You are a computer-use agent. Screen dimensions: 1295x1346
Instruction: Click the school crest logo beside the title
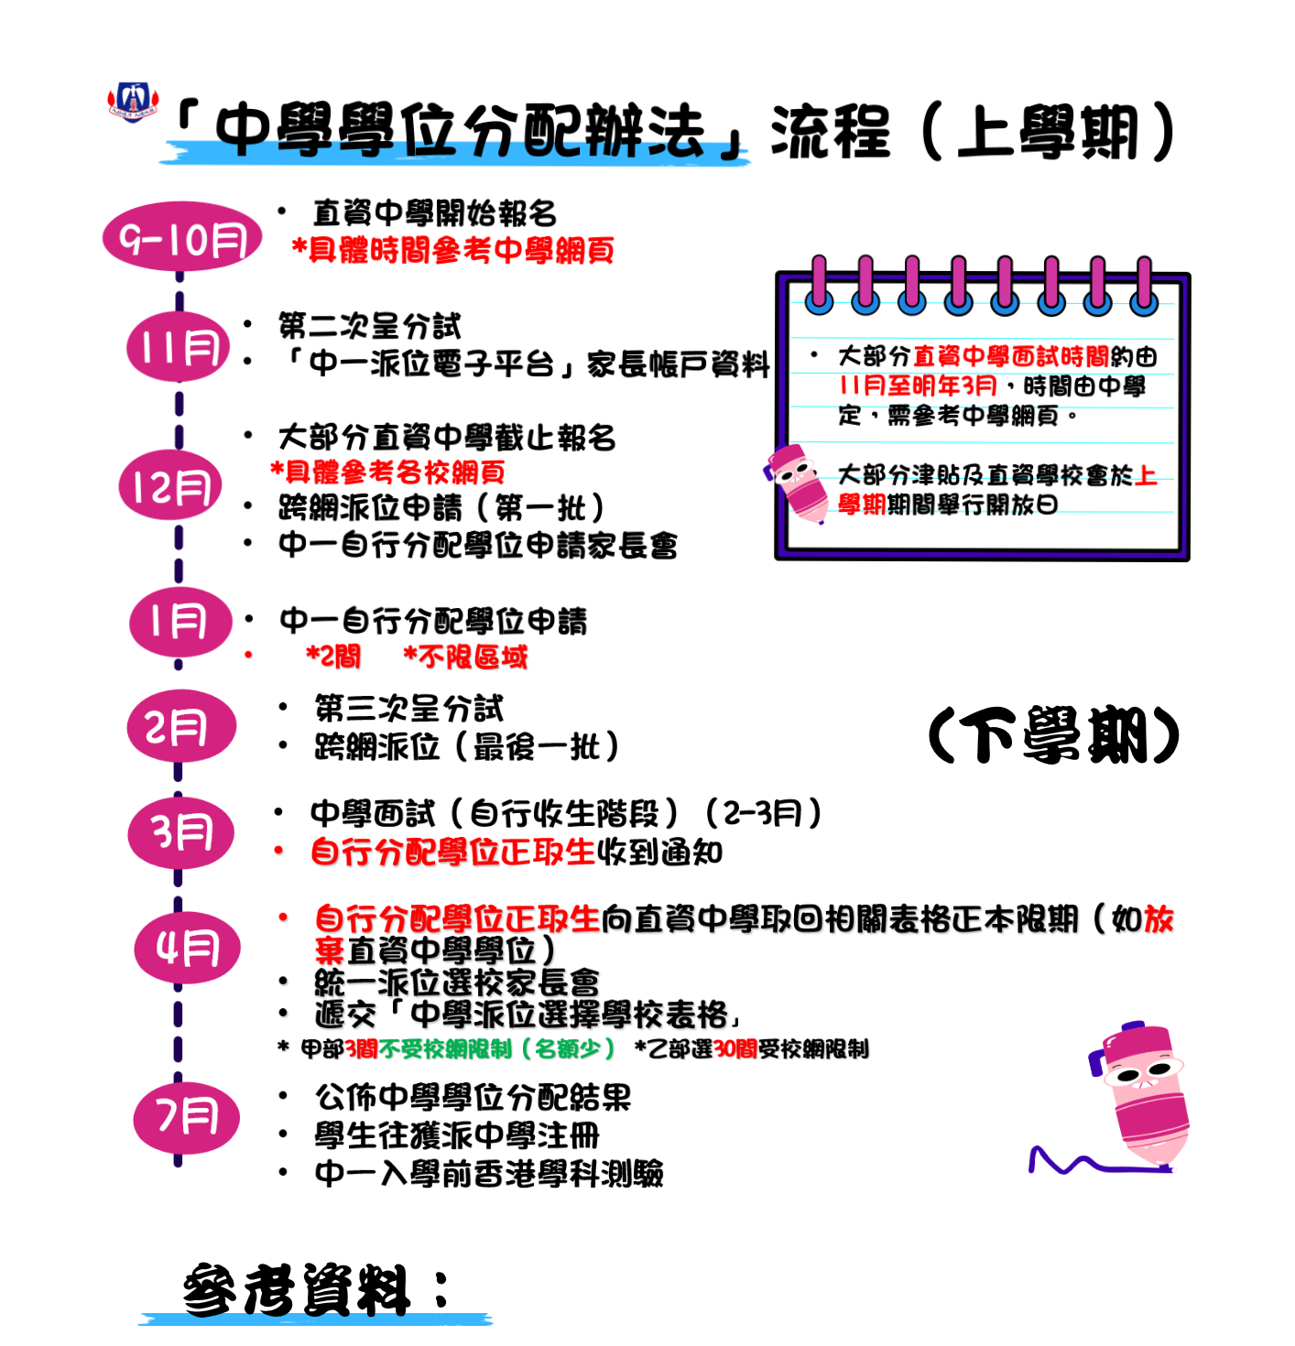pos(133,103)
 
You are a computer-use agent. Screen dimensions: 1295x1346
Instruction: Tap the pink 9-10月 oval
pos(182,236)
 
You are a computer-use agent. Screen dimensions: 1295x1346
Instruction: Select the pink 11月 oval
pos(179,346)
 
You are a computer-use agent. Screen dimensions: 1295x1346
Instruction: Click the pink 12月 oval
pos(170,484)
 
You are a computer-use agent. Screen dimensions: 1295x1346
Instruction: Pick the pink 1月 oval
pos(180,621)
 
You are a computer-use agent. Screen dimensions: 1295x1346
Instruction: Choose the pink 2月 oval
pos(181,725)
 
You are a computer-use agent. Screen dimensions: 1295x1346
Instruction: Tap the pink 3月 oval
pos(180,832)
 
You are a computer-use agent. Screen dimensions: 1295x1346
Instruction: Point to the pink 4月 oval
pos(188,948)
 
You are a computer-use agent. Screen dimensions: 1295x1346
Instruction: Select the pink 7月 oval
pos(186,1118)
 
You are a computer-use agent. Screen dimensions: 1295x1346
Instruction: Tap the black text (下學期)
pos(1053,734)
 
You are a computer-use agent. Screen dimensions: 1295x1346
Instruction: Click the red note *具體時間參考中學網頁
pos(453,250)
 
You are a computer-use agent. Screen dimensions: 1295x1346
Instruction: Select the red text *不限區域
pos(465,657)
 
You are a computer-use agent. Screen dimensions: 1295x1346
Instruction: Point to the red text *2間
pos(333,657)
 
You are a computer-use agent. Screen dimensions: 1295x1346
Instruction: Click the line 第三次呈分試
pos(408,709)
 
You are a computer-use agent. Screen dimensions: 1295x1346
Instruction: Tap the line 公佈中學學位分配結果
pos(473,1097)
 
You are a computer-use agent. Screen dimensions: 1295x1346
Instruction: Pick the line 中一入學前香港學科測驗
pos(489,1173)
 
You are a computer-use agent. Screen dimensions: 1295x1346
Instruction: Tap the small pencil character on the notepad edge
pos(796,483)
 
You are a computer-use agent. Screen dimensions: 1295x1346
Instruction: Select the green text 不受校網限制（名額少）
pos(497,1048)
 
